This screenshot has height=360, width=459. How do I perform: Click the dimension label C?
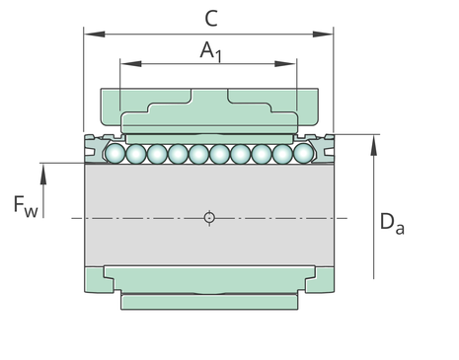[x=211, y=19]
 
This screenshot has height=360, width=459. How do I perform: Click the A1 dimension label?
[x=211, y=51]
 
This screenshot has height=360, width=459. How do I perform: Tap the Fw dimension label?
[x=26, y=206]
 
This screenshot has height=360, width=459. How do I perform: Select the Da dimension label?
[x=392, y=224]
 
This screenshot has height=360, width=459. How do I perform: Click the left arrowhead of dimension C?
[x=95, y=34]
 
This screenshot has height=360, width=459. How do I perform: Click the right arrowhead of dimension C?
[x=323, y=34]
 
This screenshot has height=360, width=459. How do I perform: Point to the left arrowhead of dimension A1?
[x=131, y=63]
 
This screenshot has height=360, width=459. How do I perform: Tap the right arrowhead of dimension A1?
[x=285, y=63]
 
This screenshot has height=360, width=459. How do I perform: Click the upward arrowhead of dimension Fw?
[x=43, y=174]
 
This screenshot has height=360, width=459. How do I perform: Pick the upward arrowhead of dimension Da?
[x=373, y=145]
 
